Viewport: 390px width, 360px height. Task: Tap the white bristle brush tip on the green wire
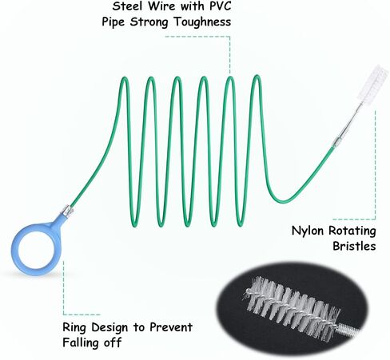point(372,82)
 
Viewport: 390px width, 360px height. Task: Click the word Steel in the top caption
point(127,6)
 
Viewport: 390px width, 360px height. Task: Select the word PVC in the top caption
point(221,6)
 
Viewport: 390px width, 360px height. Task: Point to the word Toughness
point(202,22)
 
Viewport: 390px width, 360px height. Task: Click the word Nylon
point(308,231)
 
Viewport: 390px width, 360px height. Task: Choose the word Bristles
point(354,246)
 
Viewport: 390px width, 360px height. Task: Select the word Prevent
point(171,327)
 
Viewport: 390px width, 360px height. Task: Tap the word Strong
point(149,22)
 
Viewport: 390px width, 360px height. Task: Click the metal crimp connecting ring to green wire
point(67,211)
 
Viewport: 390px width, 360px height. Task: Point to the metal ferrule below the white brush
point(336,141)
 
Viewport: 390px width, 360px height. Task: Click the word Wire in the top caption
point(161,6)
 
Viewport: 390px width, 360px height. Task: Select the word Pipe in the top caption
point(113,22)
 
